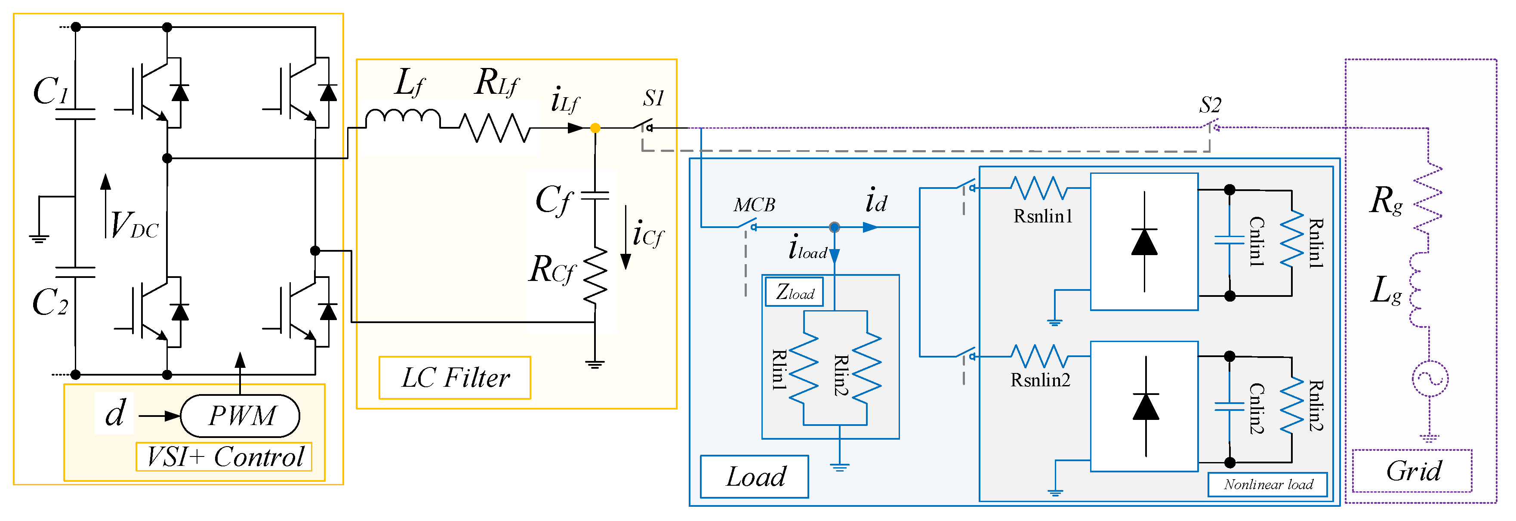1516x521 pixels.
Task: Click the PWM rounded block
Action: tap(240, 416)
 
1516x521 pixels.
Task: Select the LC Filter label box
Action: tap(454, 377)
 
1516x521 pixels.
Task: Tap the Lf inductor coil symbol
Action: tap(403, 118)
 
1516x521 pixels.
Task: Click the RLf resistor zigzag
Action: tap(494, 127)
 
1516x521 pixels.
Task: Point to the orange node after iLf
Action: tap(595, 128)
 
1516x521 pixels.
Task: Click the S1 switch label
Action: tap(653, 99)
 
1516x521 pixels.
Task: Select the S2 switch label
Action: tap(1210, 105)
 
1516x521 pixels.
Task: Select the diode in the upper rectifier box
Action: tap(1144, 242)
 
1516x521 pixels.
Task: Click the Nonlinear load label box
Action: tap(1268, 484)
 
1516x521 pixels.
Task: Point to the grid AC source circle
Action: tap(1430, 379)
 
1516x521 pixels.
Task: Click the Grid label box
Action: tap(1412, 470)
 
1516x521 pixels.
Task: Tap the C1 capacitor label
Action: tap(51, 91)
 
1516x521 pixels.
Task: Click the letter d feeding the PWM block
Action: tap(115, 413)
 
